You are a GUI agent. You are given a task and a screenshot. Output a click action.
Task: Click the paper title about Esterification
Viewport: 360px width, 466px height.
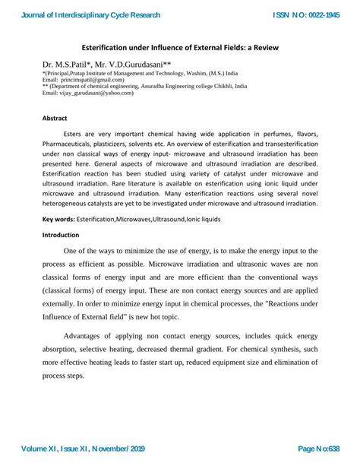point(179,48)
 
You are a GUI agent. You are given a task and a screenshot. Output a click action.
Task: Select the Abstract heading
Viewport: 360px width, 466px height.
point(55,119)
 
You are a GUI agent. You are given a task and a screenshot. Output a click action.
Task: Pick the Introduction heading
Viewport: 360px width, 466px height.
point(63,235)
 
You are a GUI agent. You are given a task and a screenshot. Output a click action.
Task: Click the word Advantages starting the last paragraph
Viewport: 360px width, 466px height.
point(87,335)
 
